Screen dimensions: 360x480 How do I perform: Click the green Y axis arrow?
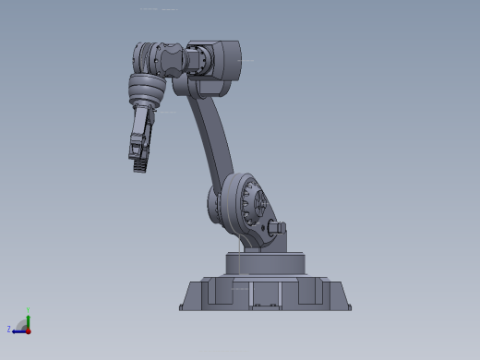coord(28,318)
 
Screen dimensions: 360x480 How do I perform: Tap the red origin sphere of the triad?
coord(28,330)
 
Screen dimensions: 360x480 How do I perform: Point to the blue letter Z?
coord(9,329)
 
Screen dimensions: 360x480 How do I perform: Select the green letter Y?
coord(29,309)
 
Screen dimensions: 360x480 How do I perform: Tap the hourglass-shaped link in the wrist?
coord(173,60)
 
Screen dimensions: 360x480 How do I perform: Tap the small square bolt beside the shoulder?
coord(280,226)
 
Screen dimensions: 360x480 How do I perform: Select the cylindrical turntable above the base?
coord(265,263)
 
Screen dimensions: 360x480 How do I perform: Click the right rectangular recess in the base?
coord(311,293)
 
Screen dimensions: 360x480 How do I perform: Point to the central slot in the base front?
coord(266,294)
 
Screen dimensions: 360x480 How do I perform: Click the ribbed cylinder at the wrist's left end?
coord(143,57)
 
